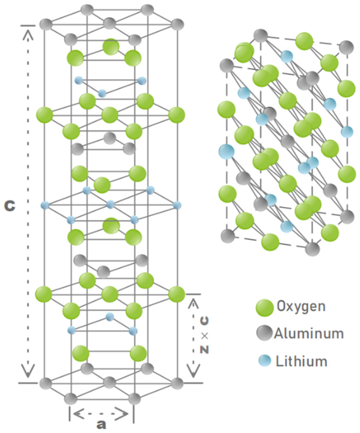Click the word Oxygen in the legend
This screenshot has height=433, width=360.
point(301,306)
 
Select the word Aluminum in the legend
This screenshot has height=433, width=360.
point(309,333)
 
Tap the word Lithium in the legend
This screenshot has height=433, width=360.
point(301,361)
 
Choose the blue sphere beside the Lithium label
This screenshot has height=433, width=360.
point(265,361)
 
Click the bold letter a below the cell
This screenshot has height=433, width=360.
point(101,425)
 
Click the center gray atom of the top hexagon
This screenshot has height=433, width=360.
point(109,24)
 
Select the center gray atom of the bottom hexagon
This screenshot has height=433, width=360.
point(109,383)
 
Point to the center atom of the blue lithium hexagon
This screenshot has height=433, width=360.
point(110,205)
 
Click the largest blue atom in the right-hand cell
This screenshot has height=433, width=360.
point(226,152)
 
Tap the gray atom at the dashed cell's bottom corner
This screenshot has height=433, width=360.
point(312,249)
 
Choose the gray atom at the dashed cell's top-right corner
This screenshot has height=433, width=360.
point(346,47)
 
